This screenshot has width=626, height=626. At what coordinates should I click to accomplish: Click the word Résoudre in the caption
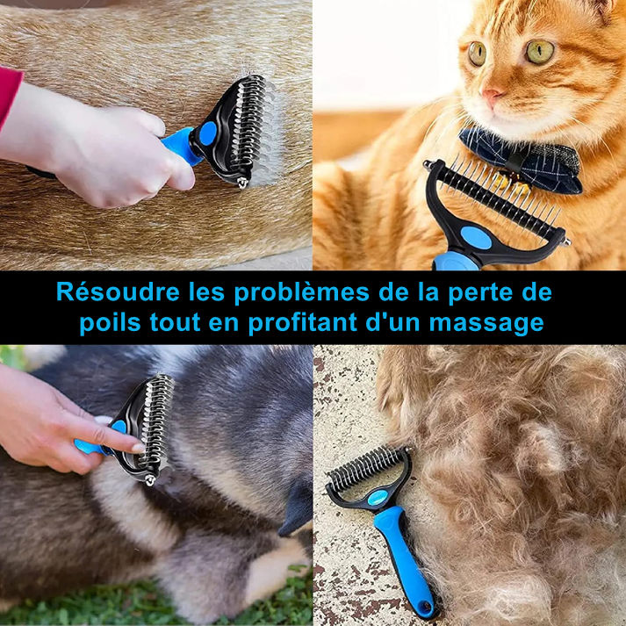[x=118, y=292]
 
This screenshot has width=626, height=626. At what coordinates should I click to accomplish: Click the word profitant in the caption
[x=303, y=323]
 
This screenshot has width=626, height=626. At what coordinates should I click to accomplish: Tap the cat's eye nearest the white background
[x=477, y=53]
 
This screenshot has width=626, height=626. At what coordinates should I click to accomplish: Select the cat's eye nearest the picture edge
[x=540, y=51]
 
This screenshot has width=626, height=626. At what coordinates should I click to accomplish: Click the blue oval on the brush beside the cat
[x=476, y=238]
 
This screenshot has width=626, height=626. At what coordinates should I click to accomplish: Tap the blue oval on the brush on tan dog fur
[x=208, y=133]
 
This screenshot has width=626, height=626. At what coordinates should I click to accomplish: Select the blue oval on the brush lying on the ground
[x=378, y=498]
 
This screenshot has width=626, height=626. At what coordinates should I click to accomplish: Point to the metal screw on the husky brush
[x=150, y=479]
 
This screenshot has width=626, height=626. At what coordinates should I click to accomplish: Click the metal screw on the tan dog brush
[x=242, y=182]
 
